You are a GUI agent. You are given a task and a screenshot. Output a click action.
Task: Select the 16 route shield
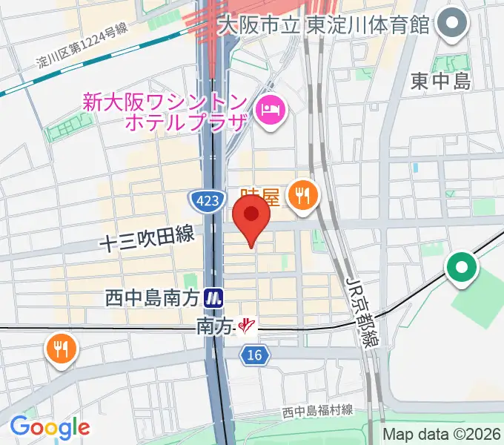253,357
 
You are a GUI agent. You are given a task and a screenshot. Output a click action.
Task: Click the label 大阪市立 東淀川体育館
324,24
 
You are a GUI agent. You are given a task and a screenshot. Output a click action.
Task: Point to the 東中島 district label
441,82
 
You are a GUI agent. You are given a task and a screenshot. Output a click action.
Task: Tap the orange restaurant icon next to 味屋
302,195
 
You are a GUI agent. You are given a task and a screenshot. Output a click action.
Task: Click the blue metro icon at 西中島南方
214,298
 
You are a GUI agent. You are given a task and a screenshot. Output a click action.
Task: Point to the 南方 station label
215,325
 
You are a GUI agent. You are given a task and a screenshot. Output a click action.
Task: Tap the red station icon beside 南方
246,325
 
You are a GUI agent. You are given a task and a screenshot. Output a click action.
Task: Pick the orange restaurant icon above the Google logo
61,348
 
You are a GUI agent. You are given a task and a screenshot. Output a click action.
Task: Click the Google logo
49,427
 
